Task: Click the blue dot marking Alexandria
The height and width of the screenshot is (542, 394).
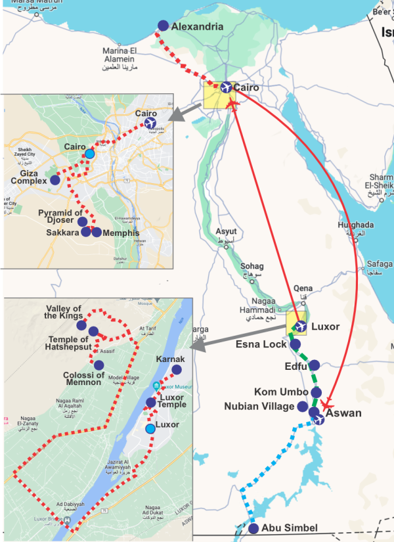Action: coord(163,26)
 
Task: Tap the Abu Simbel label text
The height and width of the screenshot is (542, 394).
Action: coord(290,528)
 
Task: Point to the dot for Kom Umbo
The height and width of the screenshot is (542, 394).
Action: coord(317,392)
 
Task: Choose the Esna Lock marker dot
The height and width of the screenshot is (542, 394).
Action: coord(295,344)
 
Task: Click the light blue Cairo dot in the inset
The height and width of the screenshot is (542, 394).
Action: coord(89,154)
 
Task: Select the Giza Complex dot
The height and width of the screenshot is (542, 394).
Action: coord(55,180)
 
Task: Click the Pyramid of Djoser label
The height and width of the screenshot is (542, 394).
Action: coord(60,217)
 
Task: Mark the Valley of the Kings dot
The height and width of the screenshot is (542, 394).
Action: coord(81,325)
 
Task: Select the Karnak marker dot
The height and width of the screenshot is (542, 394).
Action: coord(176,371)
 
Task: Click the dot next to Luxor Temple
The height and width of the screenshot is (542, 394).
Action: coord(150,402)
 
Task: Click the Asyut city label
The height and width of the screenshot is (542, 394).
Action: coord(225,231)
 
